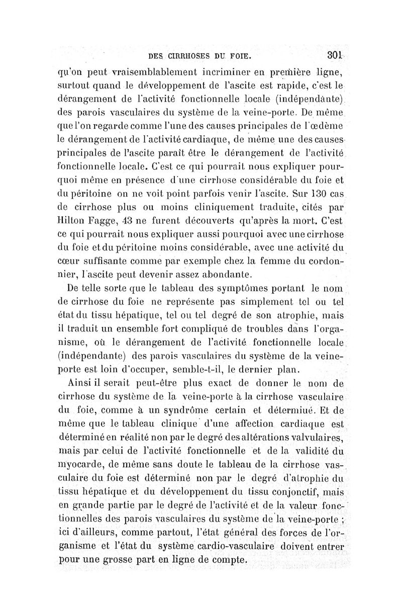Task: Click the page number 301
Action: pyautogui.click(x=334, y=55)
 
